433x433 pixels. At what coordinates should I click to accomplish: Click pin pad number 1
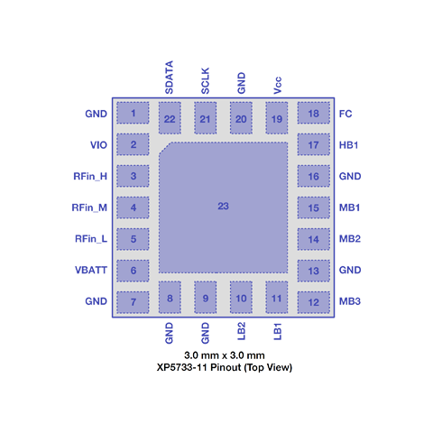click(x=133, y=113)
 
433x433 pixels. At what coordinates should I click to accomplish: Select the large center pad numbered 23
click(x=223, y=207)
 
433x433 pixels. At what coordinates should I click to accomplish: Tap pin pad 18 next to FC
click(x=314, y=113)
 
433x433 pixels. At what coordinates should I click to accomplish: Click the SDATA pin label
click(x=169, y=78)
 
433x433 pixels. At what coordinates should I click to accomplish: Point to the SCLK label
click(x=205, y=81)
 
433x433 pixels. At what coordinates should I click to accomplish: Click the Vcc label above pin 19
click(x=277, y=85)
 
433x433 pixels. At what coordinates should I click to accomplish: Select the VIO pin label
click(x=98, y=145)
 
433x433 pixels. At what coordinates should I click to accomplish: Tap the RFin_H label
click(x=90, y=176)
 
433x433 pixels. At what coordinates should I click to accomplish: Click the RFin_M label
click(x=89, y=207)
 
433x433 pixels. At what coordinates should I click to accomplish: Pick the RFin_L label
click(x=91, y=239)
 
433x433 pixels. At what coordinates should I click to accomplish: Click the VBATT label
click(x=91, y=270)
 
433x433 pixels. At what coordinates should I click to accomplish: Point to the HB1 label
click(x=349, y=145)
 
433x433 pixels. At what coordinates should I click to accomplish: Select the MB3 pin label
click(x=350, y=301)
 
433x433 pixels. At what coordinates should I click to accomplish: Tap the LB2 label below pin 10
click(x=241, y=331)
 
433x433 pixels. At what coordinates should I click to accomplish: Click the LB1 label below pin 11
click(x=277, y=331)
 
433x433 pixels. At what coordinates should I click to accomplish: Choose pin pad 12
click(x=314, y=302)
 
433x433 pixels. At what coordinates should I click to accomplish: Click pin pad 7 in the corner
click(x=133, y=302)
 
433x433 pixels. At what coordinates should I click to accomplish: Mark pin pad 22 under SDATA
click(x=170, y=118)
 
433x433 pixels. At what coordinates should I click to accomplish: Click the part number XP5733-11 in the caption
click(x=181, y=367)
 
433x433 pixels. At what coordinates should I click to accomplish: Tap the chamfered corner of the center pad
click(x=165, y=148)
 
